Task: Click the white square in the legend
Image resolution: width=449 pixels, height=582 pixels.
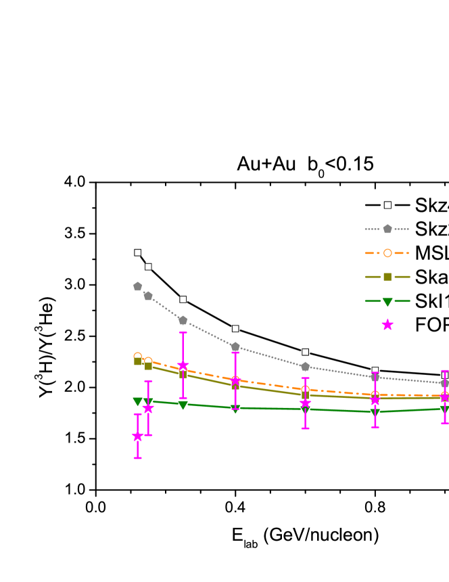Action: tap(387, 205)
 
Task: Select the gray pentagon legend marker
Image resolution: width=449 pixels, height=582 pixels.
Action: tap(387, 229)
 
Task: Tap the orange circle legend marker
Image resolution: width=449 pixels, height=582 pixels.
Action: tap(387, 253)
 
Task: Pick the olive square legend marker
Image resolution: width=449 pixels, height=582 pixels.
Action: tap(387, 277)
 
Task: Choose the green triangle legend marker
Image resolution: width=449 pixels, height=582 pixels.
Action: tap(387, 302)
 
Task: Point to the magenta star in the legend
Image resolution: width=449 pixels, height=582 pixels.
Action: tap(387, 325)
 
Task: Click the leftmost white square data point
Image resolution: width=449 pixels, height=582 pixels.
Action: tap(138, 252)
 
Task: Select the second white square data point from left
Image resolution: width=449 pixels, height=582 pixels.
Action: tap(148, 267)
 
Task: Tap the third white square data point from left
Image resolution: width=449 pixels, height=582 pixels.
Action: tap(183, 299)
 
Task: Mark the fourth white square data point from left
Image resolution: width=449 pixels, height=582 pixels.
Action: tap(235, 329)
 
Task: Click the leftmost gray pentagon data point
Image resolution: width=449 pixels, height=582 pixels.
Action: tap(138, 286)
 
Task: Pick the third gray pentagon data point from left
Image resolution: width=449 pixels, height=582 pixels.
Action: tap(183, 320)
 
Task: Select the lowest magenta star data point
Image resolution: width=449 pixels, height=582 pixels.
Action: tap(138, 436)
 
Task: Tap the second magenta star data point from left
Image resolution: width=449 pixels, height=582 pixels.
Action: tap(148, 408)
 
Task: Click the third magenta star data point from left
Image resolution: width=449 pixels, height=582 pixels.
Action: tap(183, 365)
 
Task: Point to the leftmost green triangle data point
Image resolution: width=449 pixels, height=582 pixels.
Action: tap(138, 402)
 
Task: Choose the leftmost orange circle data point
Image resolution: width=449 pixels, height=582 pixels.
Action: tap(138, 356)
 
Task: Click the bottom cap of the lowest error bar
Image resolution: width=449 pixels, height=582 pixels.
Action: tap(138, 458)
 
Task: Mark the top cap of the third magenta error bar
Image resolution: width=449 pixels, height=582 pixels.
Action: tap(183, 332)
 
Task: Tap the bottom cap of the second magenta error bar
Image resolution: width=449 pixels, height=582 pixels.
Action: tap(148, 435)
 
